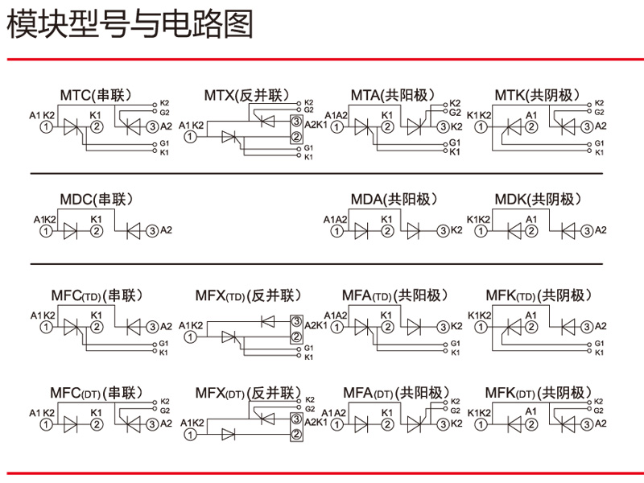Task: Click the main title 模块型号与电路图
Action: (130, 25)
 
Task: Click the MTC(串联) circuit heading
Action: (96, 95)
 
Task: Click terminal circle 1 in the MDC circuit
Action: (47, 231)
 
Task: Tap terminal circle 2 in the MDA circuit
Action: (387, 231)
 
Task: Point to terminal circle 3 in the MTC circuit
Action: (153, 126)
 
